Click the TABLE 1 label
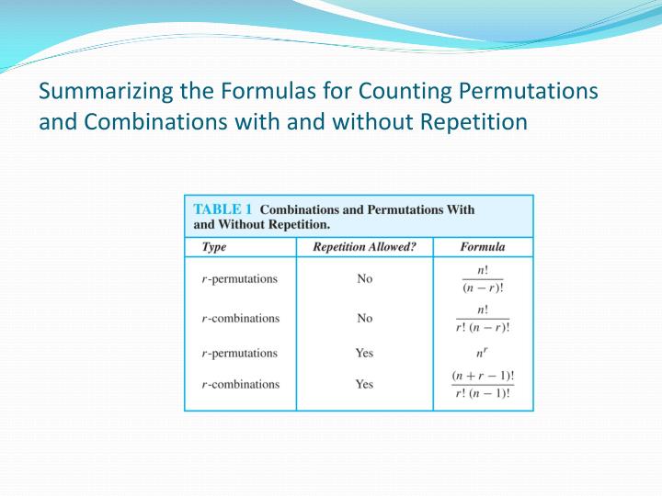[223, 209]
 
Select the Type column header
[214, 246]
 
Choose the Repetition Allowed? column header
[364, 246]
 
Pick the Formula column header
[482, 246]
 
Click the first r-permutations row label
[239, 279]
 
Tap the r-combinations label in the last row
[240, 384]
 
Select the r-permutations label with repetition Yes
[239, 353]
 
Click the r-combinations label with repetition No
[240, 319]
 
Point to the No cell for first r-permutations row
[365, 279]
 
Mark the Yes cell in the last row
[365, 384]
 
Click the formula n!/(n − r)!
[483, 279]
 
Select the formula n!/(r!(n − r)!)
[483, 319]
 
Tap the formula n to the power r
[483, 352]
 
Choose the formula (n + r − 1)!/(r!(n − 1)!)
[483, 385]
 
